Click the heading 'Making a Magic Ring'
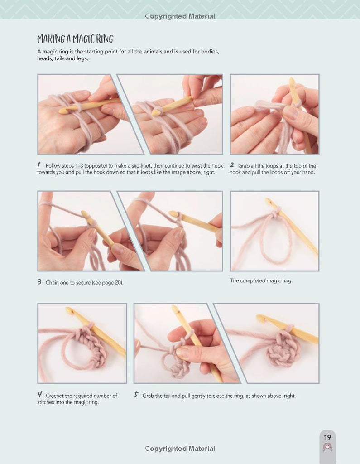[x=75, y=39]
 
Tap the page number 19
[x=327, y=437]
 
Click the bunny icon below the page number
[x=327, y=447]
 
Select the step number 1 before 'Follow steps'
[x=39, y=165]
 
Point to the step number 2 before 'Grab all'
[x=232, y=165]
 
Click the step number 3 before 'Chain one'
[x=39, y=282]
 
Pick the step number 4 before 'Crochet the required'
[x=40, y=395]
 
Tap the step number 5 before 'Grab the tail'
[x=136, y=395]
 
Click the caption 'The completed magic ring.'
[x=261, y=280]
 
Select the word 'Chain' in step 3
[x=52, y=283]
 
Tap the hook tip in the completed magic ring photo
[x=268, y=201]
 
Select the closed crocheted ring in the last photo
[x=283, y=349]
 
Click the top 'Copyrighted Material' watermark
[x=180, y=16]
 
